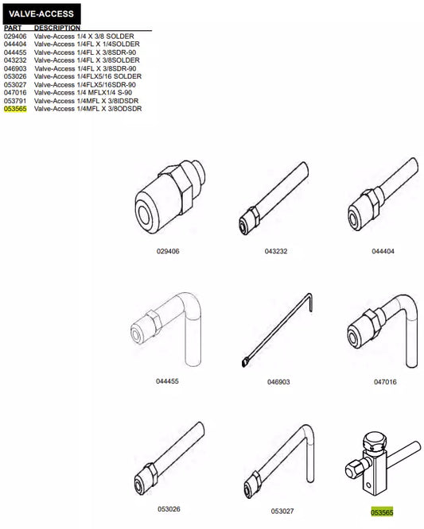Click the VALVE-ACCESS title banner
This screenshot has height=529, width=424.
[x=41, y=14]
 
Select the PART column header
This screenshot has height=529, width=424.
[x=13, y=28]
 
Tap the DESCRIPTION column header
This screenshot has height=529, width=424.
[x=57, y=28]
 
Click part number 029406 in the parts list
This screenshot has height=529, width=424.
[x=15, y=36]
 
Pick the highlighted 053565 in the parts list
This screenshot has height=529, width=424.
[x=15, y=109]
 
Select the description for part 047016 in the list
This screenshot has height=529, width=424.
[x=83, y=92]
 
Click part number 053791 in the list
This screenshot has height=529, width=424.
[x=15, y=101]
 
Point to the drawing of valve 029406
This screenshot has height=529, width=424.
[x=169, y=196]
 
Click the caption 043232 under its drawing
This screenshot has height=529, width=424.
[x=276, y=251]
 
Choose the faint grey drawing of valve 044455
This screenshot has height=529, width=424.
[x=166, y=329]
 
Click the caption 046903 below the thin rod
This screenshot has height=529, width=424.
[x=278, y=382]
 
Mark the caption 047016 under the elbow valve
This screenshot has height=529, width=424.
[x=385, y=382]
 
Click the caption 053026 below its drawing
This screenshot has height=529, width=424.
[x=169, y=509]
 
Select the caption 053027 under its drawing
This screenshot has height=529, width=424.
[x=282, y=511]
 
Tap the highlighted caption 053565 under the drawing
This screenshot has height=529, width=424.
[x=382, y=512]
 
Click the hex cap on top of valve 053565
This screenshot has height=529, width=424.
[x=374, y=442]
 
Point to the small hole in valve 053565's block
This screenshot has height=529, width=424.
[x=368, y=486]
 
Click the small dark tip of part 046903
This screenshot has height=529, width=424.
[x=244, y=363]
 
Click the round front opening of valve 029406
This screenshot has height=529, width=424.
[x=146, y=214]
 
